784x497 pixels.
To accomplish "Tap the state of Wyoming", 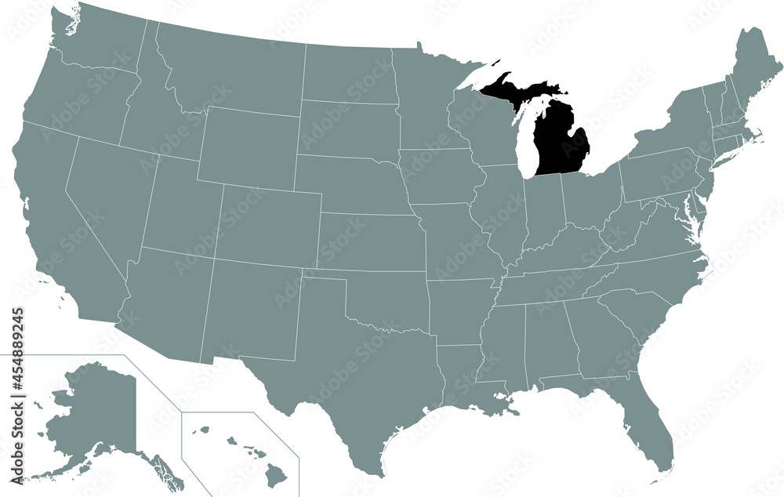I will (247, 149).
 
